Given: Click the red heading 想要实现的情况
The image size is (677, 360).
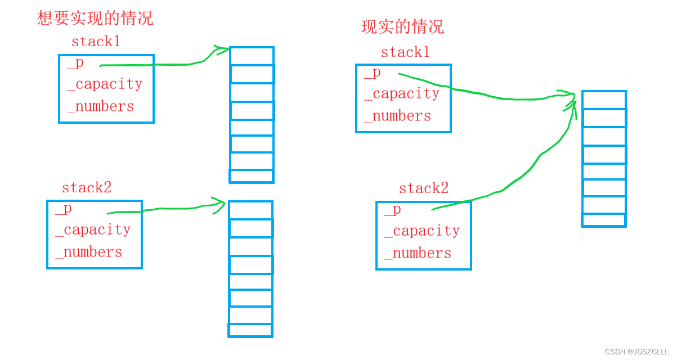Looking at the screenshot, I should [x=95, y=18].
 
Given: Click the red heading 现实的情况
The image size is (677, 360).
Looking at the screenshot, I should [x=402, y=26].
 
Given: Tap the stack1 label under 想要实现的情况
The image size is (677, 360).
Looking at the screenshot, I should [x=96, y=41].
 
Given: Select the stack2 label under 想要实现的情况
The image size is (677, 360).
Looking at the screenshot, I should [x=86, y=187].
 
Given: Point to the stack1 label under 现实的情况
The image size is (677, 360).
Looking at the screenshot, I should [x=405, y=52].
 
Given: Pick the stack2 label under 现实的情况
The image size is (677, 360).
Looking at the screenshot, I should [x=423, y=188].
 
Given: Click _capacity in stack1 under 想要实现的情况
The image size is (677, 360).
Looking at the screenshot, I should [x=105, y=84].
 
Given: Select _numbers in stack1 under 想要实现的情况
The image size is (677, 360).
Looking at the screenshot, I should [x=101, y=106].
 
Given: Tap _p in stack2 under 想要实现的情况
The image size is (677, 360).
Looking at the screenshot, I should [x=64, y=209].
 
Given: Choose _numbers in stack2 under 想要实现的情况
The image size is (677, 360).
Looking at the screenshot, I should [x=89, y=252].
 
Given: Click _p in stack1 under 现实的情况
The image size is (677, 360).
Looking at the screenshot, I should [x=373, y=73].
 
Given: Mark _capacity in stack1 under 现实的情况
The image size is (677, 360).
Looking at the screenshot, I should [x=402, y=93].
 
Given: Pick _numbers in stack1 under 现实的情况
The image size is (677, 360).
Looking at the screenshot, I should [x=398, y=116].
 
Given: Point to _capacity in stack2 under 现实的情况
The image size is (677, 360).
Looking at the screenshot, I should [x=422, y=231].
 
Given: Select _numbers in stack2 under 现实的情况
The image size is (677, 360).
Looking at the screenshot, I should [x=418, y=253].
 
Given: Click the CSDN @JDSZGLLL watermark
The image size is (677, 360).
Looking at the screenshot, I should [x=636, y=352].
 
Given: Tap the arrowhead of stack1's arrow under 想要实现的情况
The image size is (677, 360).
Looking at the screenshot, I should [x=224, y=50].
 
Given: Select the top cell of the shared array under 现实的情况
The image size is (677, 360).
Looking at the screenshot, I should [x=604, y=100].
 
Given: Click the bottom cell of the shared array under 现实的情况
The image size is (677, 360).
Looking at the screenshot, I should [x=604, y=220].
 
